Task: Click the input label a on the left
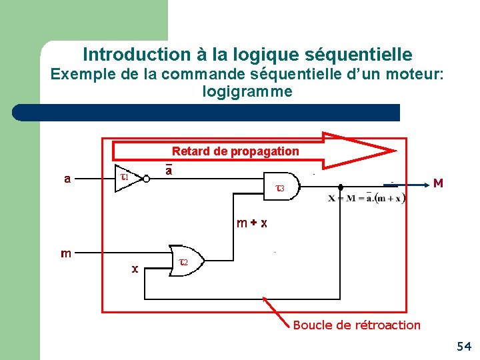pyautogui.click(x=67, y=179)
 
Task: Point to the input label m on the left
pyautogui.click(x=66, y=253)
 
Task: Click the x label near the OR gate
pyautogui.click(x=135, y=269)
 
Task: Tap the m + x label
pyautogui.click(x=252, y=223)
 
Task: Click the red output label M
pyautogui.click(x=438, y=183)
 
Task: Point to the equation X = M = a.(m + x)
pyautogui.click(x=367, y=198)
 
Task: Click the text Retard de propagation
pyautogui.click(x=235, y=151)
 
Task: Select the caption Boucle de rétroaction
pyautogui.click(x=357, y=325)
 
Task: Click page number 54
pyautogui.click(x=464, y=346)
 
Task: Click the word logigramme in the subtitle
pyautogui.click(x=247, y=91)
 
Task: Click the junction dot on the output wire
pyautogui.click(x=341, y=187)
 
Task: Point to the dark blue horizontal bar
pyautogui.click(x=207, y=112)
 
